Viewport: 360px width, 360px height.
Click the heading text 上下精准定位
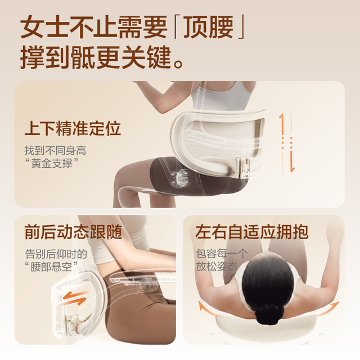click(73, 128)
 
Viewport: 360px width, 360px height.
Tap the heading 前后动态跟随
click(73, 232)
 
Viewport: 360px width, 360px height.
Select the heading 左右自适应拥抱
click(251, 232)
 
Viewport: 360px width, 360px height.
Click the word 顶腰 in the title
click(209, 28)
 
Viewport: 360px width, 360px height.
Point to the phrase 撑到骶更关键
click(96, 57)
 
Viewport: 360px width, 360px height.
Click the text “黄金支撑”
click(51, 163)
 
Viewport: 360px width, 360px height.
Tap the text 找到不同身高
click(55, 151)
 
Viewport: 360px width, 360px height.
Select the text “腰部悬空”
click(51, 267)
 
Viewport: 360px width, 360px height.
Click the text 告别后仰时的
click(56, 254)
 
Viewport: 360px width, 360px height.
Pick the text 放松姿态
click(217, 266)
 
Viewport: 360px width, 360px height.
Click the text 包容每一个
click(222, 254)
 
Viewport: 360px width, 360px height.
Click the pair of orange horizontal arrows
click(75, 298)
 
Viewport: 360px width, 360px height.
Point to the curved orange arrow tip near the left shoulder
click(201, 305)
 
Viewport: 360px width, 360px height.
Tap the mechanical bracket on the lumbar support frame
click(242, 166)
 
